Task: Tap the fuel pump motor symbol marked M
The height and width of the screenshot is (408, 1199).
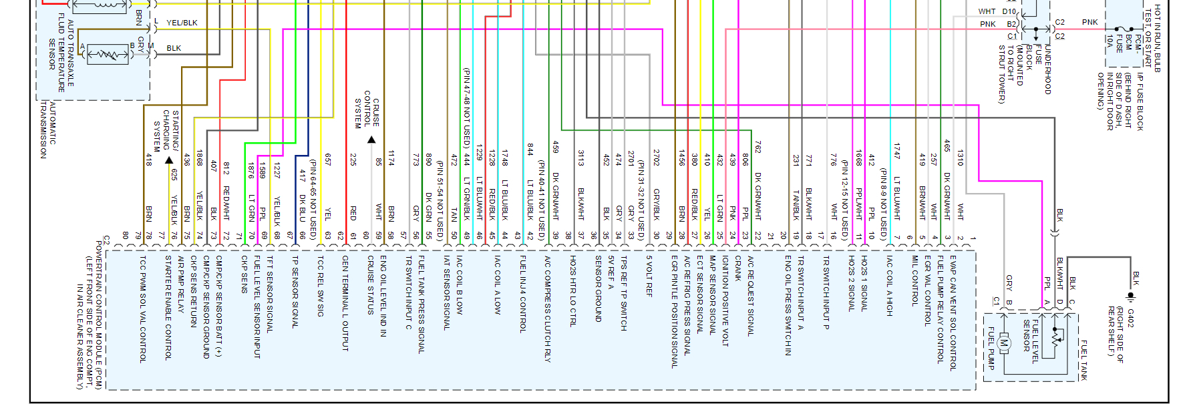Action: [1004, 344]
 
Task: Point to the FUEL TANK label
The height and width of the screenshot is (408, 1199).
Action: [1083, 360]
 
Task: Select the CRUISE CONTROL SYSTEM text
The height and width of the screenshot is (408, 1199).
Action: [367, 110]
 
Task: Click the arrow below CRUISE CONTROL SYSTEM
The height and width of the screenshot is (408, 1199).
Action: [371, 140]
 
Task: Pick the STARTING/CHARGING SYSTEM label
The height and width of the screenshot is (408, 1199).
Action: [166, 131]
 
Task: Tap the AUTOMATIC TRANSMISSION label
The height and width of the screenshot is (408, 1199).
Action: [48, 130]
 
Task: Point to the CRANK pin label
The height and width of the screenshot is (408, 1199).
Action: [738, 268]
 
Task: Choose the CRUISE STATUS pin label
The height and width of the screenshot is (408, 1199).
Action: [371, 284]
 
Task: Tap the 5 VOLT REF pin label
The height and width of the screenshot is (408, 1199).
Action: [649, 276]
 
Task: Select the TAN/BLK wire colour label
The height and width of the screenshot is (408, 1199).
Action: [796, 206]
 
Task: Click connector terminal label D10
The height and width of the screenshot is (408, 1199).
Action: [1009, 11]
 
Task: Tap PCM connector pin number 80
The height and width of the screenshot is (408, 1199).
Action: [126, 235]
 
